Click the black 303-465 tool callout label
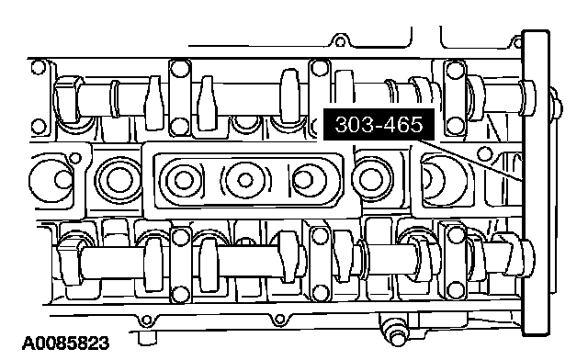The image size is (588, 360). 379,125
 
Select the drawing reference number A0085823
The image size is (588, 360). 66,343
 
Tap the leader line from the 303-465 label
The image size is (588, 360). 471,161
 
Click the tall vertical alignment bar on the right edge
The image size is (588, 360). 537,183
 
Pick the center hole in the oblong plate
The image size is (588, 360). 245,180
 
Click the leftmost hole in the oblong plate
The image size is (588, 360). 184,180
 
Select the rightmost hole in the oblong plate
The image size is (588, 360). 304,180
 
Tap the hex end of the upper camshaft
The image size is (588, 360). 69,99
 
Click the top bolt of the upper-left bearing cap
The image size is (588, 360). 180,68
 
